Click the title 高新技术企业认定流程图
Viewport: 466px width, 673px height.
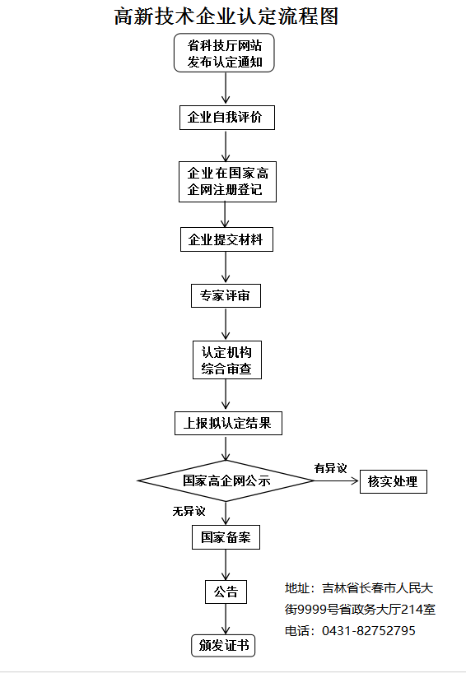pos(226,16)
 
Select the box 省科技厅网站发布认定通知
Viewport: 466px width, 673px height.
pos(224,53)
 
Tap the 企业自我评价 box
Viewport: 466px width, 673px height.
pos(227,117)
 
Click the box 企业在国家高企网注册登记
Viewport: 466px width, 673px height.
pos(227,182)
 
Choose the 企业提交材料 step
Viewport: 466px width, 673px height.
pos(226,239)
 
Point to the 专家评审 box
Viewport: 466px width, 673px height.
pos(226,295)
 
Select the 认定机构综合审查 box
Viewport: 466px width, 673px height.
pos(227,360)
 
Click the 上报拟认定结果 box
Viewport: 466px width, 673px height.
pos(229,423)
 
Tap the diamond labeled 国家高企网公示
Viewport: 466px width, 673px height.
pos(226,480)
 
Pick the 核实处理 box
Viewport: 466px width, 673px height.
pos(394,481)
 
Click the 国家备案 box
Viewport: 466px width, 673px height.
pos(226,537)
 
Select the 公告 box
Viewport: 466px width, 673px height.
pos(226,592)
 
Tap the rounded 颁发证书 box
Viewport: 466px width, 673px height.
pos(223,646)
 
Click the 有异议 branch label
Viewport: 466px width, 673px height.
pos(330,468)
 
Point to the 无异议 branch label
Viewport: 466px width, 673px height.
pos(189,511)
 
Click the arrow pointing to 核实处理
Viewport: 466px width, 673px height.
pos(337,480)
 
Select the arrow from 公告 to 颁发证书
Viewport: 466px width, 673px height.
pos(226,619)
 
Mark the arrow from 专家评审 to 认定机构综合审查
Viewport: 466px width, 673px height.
pos(226,323)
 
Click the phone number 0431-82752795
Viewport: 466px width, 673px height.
pos(369,630)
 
